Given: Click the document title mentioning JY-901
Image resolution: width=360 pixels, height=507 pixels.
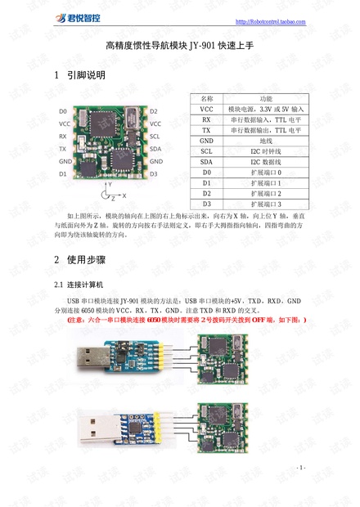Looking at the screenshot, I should tap(180, 48).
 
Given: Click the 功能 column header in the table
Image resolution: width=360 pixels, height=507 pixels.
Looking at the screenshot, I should tap(265, 98).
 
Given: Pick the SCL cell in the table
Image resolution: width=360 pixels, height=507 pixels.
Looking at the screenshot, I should tap(206, 151).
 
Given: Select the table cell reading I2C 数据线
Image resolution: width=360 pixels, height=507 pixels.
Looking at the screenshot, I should tap(266, 162).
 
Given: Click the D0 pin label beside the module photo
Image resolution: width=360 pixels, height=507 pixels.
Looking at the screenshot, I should tap(63, 111).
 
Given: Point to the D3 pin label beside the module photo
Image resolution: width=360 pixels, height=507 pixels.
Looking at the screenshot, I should tap(155, 174).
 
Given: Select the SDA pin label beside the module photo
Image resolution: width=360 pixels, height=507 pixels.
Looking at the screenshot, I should tap(155, 149).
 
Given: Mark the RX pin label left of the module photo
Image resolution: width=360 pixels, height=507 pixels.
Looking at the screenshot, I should tap(63, 136).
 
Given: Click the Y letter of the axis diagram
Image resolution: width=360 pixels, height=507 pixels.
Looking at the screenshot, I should tap(110, 185).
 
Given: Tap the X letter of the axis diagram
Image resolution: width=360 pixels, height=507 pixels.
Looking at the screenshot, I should tap(124, 196).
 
